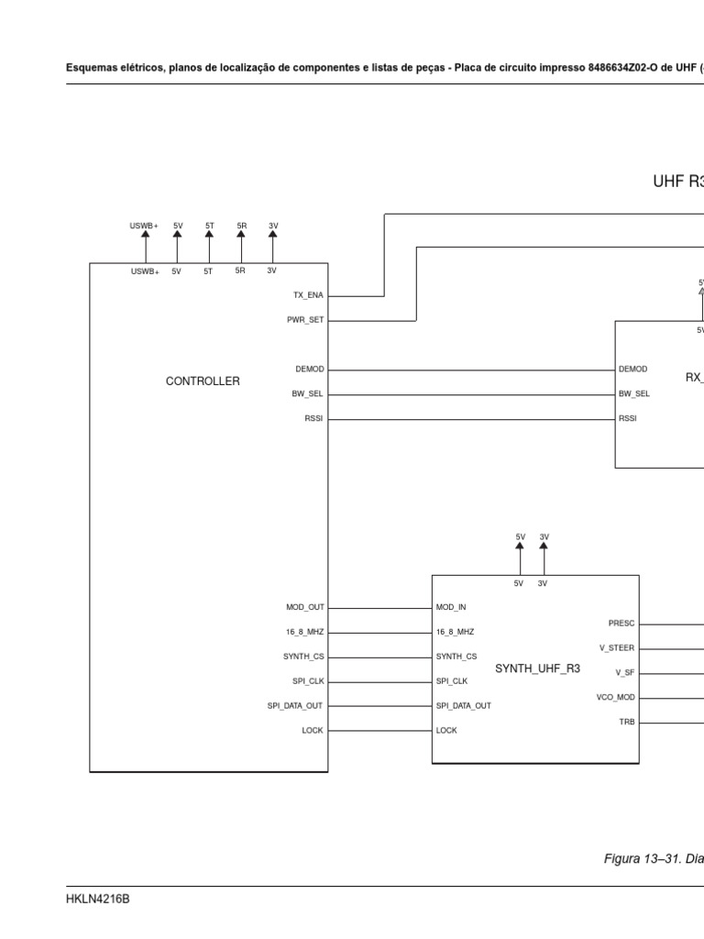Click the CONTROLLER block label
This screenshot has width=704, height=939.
click(203, 381)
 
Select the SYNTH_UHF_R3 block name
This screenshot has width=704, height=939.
click(537, 668)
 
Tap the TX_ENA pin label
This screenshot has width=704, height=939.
click(308, 296)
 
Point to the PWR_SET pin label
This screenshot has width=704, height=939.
click(305, 321)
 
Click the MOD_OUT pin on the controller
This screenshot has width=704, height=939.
click(305, 607)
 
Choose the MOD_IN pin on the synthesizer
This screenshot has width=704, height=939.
click(451, 607)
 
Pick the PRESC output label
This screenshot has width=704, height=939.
click(621, 624)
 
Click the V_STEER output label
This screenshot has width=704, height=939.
click(616, 648)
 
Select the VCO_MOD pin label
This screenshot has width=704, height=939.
click(615, 698)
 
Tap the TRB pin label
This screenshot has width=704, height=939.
click(626, 723)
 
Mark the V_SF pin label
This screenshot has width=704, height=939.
click(624, 673)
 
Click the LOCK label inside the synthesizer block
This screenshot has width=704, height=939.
click(446, 731)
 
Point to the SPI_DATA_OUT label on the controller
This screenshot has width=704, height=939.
click(295, 706)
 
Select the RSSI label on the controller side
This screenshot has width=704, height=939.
click(313, 419)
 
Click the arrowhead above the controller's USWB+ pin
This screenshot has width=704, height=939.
click(144, 234)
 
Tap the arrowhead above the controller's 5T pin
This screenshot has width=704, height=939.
click(209, 234)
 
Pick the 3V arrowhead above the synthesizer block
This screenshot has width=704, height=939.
click(544, 546)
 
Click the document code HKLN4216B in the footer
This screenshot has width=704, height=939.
click(98, 900)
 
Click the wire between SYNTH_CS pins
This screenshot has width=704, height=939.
click(379, 657)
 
